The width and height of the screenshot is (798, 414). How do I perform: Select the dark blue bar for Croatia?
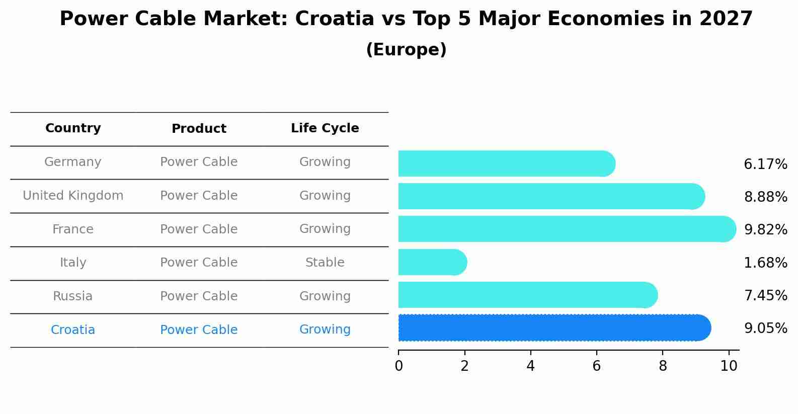[553, 328]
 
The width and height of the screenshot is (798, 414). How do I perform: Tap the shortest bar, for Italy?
[432, 262]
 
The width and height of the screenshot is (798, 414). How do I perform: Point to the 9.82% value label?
[765, 229]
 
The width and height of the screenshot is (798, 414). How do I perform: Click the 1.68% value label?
[765, 263]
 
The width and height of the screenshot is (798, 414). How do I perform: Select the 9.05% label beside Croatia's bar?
[765, 328]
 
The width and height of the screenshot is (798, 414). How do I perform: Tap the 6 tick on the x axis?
[596, 366]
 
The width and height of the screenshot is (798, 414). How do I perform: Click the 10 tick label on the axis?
[729, 366]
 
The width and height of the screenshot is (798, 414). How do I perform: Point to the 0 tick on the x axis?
[398, 366]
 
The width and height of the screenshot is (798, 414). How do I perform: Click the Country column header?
[73, 128]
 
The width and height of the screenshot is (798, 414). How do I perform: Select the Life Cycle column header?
[325, 128]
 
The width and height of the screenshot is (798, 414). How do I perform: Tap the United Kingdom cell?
[73, 196]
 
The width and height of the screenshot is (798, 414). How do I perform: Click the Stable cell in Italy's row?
[325, 263]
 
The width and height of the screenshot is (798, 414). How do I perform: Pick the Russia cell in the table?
[73, 296]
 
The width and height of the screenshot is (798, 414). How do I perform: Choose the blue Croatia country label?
[73, 330]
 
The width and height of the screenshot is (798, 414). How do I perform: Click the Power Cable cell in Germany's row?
[199, 162]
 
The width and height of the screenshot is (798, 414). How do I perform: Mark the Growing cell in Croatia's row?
[325, 329]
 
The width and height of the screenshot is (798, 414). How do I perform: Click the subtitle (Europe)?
[406, 50]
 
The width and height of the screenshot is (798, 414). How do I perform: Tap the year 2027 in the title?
[726, 19]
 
